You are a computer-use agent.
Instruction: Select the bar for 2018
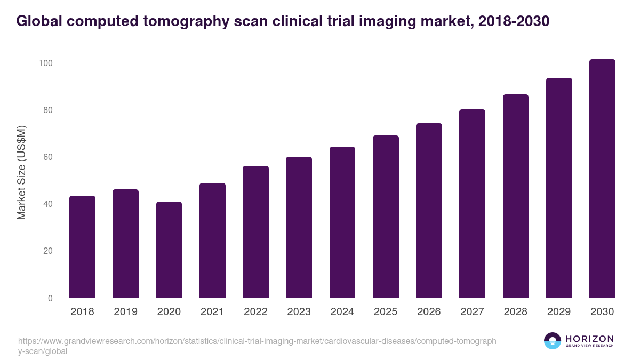(x=82, y=247)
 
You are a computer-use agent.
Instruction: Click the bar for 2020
(x=169, y=250)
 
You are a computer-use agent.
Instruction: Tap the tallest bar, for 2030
(x=602, y=179)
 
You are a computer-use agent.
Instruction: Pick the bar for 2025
(x=386, y=217)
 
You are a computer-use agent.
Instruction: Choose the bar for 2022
(x=255, y=232)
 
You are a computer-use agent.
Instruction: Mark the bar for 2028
(x=516, y=196)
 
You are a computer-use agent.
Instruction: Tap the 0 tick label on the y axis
(x=50, y=298)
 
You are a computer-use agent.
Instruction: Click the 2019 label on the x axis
(x=125, y=312)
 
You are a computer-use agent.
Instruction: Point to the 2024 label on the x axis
(x=342, y=312)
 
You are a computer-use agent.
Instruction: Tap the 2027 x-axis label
(x=472, y=312)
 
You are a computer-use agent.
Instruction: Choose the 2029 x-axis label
(x=559, y=312)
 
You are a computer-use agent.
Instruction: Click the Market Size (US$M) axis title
(x=21, y=172)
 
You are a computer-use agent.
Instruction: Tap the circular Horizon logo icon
(x=553, y=341)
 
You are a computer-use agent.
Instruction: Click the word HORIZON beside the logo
(x=589, y=339)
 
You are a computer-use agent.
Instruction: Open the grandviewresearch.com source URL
(x=257, y=346)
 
